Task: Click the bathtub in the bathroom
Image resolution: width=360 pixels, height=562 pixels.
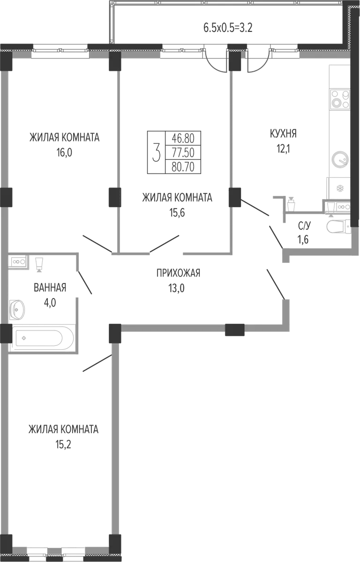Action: pyautogui.click(x=42, y=337)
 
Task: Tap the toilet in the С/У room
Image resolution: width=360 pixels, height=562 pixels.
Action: pyautogui.click(x=338, y=226)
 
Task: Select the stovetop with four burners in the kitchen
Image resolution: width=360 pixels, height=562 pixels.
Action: pyautogui.click(x=339, y=99)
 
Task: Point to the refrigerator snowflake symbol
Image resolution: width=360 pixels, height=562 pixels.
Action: pyautogui.click(x=339, y=188)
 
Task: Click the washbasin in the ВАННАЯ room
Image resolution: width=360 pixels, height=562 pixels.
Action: pyautogui.click(x=17, y=308)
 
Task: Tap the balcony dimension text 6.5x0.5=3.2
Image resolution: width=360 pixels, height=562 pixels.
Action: pyautogui.click(x=228, y=28)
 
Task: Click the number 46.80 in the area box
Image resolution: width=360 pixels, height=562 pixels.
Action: pyautogui.click(x=183, y=138)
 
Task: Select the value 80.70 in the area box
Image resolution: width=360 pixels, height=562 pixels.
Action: pyautogui.click(x=183, y=167)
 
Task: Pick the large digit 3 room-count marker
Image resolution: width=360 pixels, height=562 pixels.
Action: pyautogui.click(x=156, y=152)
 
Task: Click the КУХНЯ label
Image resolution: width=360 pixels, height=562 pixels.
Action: pyautogui.click(x=283, y=134)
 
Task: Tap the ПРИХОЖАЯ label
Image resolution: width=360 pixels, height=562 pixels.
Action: pyautogui.click(x=178, y=273)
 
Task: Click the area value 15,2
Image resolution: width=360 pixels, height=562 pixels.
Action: pyautogui.click(x=63, y=444)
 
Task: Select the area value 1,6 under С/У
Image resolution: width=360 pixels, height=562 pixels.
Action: pyautogui.click(x=303, y=240)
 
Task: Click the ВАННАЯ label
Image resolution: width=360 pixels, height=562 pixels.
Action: pyautogui.click(x=50, y=287)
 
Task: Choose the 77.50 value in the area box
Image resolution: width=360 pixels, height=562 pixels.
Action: pyautogui.click(x=183, y=153)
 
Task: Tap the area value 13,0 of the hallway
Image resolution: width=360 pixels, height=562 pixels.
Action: pyautogui.click(x=176, y=288)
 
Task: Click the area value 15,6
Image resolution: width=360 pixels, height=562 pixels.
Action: pyautogui.click(x=178, y=212)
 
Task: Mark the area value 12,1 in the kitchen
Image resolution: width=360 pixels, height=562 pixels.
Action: pyautogui.click(x=283, y=149)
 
